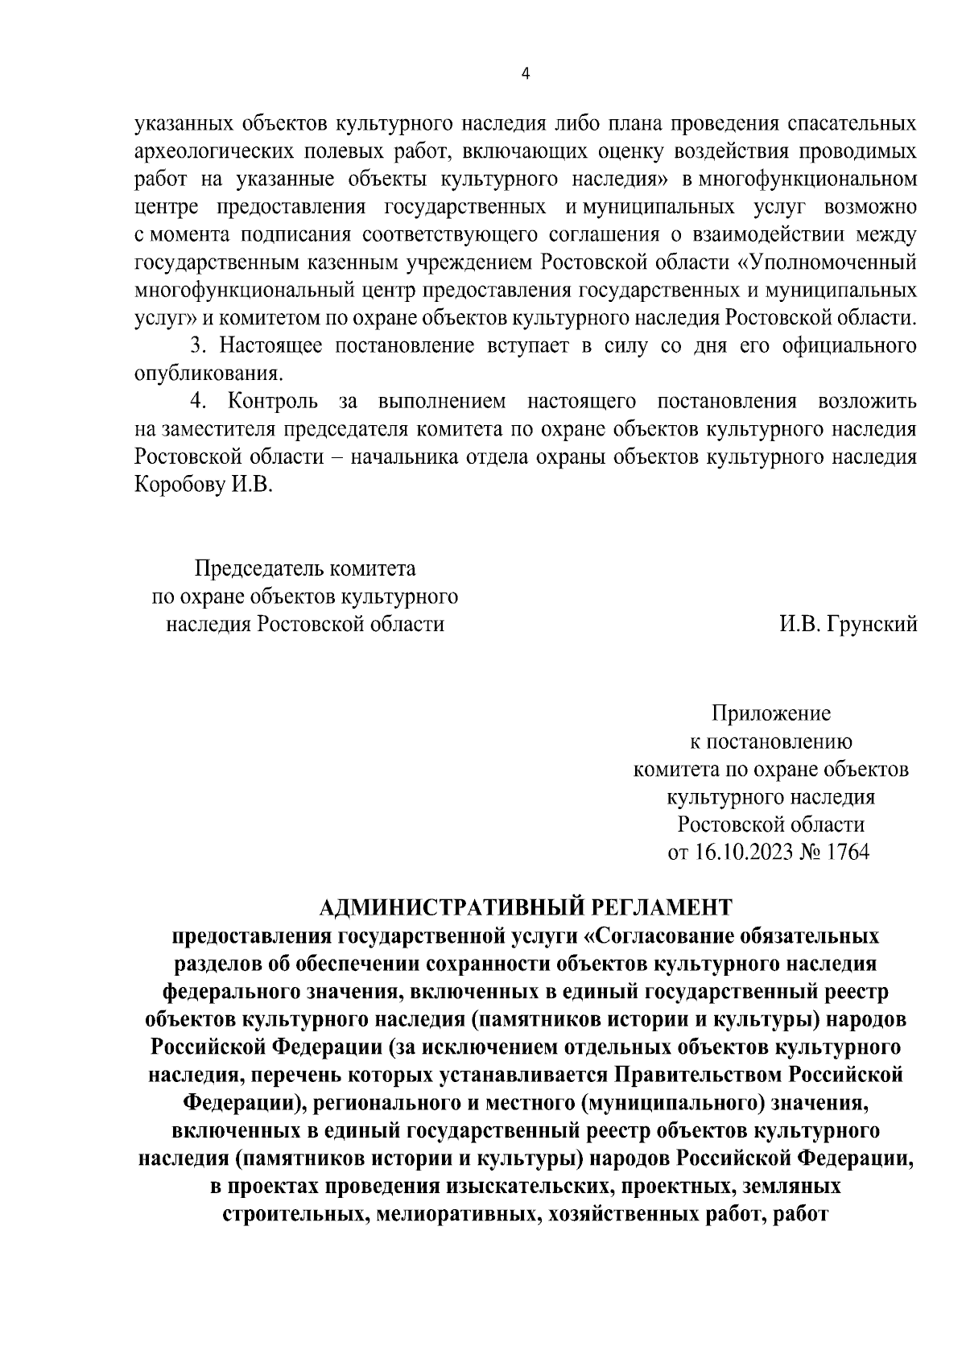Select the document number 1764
(847, 853)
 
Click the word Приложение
(770, 714)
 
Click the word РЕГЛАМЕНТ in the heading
(662, 907)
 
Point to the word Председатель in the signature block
(259, 569)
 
